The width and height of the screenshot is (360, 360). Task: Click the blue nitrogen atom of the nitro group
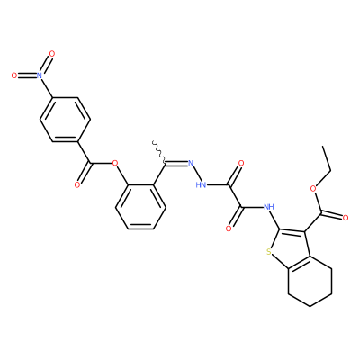(x=40, y=76)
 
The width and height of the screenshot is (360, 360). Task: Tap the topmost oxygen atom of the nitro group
(x=52, y=54)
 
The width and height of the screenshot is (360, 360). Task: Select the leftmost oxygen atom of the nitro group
(x=14, y=76)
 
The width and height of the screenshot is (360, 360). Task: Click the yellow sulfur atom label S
(x=269, y=251)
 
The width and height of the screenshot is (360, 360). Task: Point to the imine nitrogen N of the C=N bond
(x=190, y=164)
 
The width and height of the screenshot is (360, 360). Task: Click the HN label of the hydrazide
(x=201, y=185)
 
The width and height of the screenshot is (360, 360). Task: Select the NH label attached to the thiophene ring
(x=268, y=207)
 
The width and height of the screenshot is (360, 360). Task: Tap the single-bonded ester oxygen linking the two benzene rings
(x=114, y=164)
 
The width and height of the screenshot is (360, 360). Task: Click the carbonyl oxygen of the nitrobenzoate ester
(x=77, y=185)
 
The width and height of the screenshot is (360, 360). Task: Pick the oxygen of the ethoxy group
(x=314, y=189)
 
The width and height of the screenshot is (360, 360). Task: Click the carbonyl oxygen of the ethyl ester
(x=346, y=218)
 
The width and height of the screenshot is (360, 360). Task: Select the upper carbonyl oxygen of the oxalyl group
(x=241, y=164)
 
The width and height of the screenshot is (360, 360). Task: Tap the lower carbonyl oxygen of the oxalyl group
(x=229, y=229)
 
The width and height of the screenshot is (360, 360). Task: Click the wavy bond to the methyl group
(x=158, y=152)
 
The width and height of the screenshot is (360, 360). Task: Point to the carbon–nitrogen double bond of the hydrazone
(x=175, y=164)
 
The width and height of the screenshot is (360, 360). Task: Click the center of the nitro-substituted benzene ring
(x=65, y=120)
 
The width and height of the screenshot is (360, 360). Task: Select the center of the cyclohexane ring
(x=310, y=282)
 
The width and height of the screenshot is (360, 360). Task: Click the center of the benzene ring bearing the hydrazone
(x=140, y=207)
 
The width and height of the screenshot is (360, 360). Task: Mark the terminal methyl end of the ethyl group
(x=323, y=147)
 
